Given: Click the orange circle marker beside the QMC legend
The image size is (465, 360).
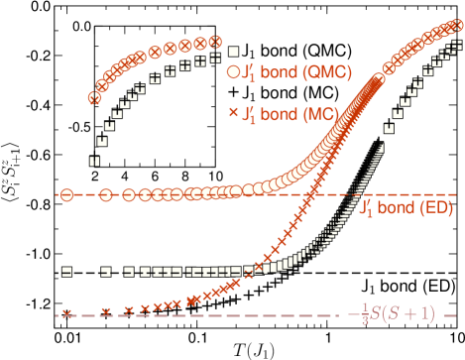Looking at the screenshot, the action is [x=233, y=71].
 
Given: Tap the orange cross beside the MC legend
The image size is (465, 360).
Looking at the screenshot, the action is [x=233, y=112].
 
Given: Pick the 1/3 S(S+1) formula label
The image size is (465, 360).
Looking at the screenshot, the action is [x=398, y=314].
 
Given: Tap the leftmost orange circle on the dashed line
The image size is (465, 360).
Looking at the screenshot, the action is [x=66, y=194].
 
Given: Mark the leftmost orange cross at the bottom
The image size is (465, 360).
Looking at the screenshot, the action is [x=66, y=314].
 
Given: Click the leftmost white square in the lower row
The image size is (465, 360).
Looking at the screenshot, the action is [x=66, y=271].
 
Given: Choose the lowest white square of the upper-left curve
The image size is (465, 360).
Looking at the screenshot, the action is [x=94, y=160].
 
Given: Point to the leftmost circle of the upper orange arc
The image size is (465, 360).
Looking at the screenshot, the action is [x=94, y=97].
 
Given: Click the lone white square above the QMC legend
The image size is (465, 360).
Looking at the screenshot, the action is [x=233, y=52].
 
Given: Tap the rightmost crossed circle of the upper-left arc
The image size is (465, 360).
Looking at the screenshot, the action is [x=215, y=42].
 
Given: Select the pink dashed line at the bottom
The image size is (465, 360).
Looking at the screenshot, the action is [x=198, y=315].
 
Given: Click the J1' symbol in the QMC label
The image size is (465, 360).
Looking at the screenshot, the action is [x=250, y=71].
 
